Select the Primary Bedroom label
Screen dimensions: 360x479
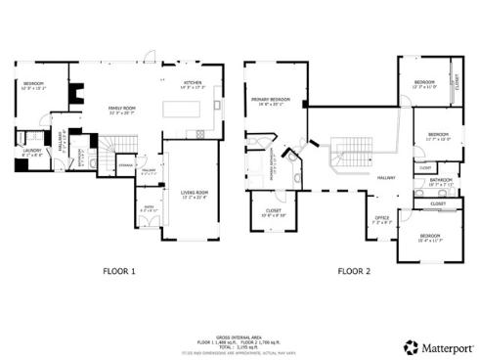click(x=270, y=101)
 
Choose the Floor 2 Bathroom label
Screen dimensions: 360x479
click(x=441, y=181)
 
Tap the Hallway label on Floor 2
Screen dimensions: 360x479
click(x=387, y=176)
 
